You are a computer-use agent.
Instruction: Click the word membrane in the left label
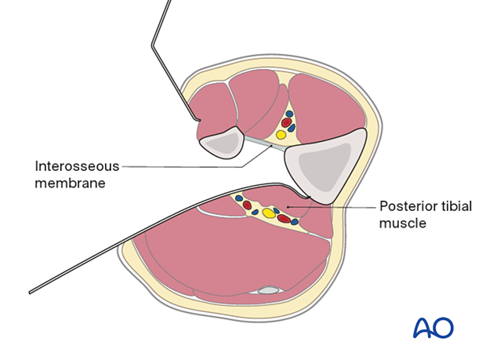coord(69,183)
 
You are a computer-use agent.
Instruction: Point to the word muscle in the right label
coord(401,224)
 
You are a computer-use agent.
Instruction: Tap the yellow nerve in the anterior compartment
coord(281,135)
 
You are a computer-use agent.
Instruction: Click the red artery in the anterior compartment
coord(286,123)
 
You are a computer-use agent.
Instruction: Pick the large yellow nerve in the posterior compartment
coord(269,213)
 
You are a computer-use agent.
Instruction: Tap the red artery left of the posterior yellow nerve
coord(253,209)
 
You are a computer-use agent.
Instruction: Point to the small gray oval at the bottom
coord(269,290)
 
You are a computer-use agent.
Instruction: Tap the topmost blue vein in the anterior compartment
coord(289,114)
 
